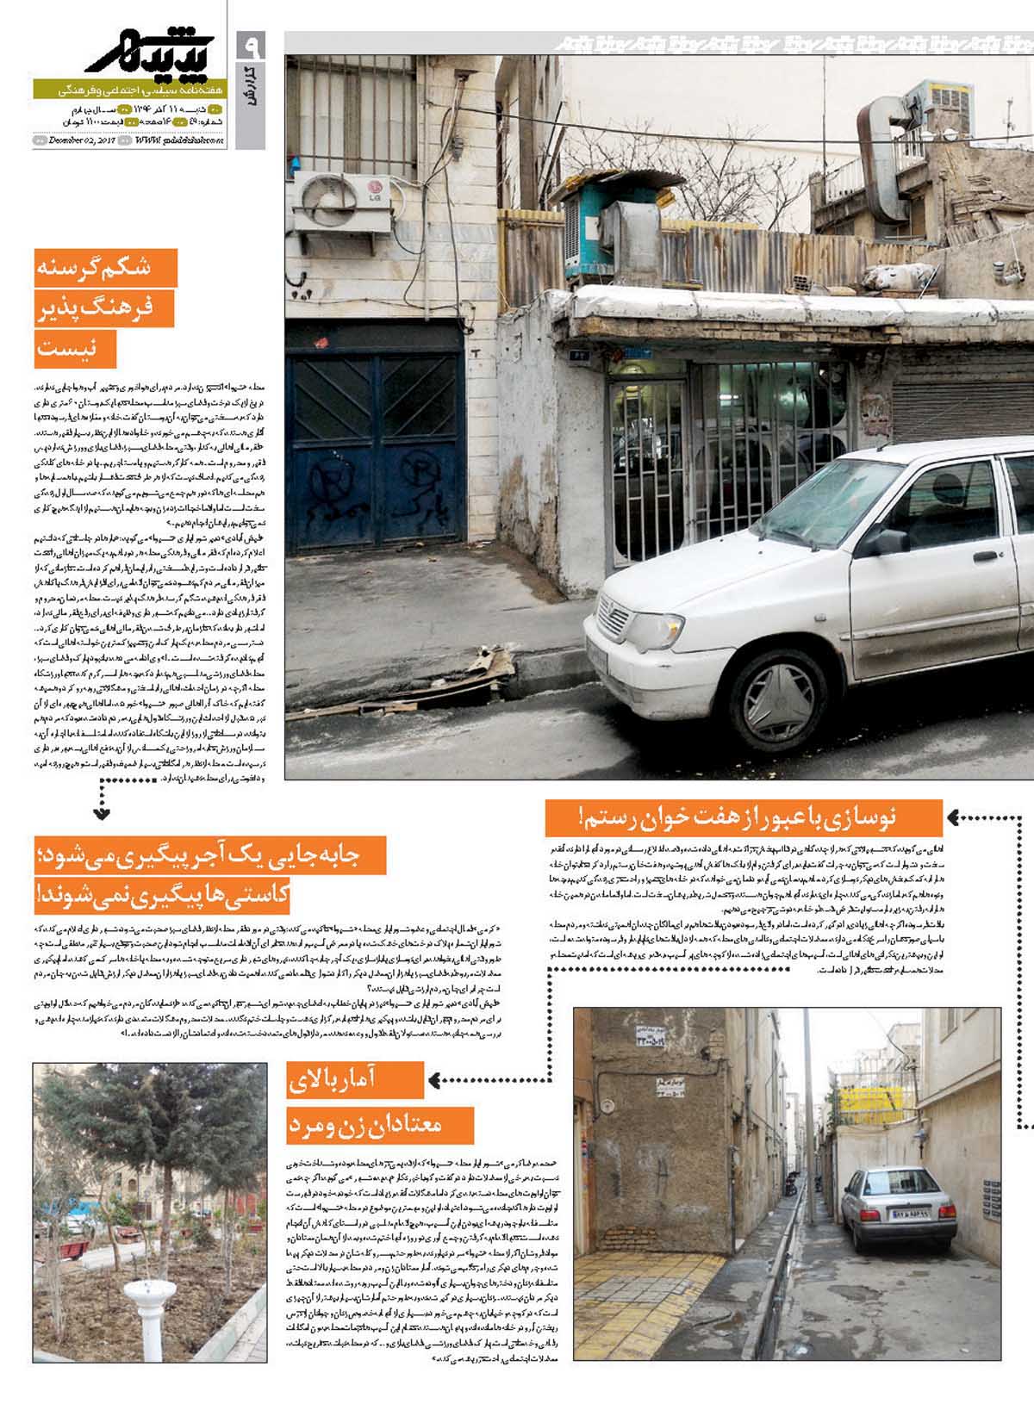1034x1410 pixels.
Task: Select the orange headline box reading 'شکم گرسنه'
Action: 105,268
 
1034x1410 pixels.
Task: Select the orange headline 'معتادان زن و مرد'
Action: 380,1125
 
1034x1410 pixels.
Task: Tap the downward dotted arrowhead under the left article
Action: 102,811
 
